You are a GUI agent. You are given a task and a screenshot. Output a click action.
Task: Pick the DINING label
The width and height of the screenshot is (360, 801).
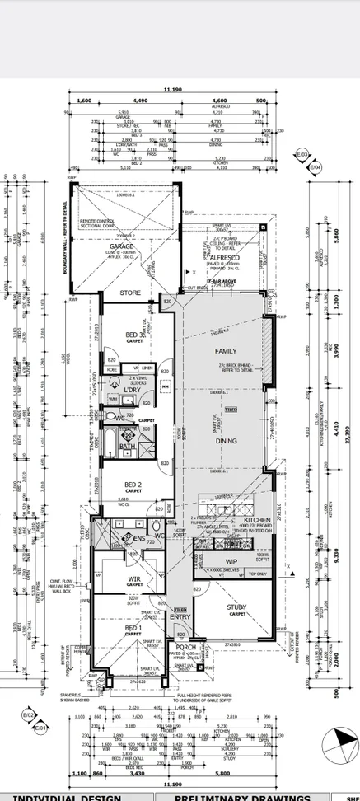click(226, 441)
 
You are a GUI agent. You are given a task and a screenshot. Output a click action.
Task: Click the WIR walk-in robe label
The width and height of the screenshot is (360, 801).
click(134, 579)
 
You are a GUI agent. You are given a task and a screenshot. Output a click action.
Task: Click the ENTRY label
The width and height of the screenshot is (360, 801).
click(180, 616)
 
